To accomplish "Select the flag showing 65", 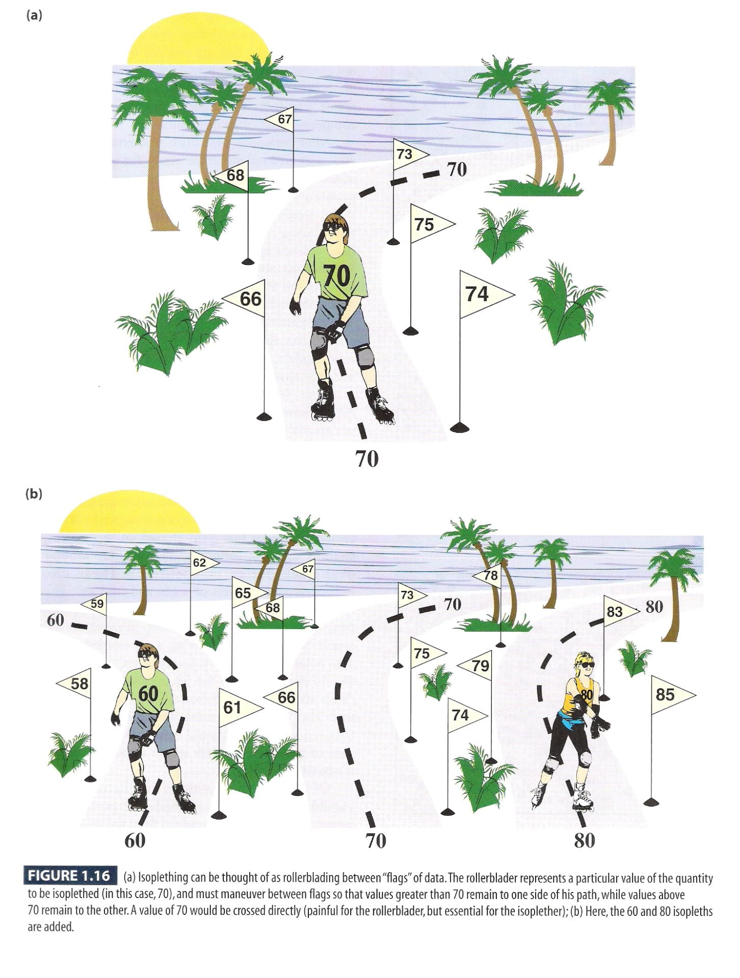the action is [247, 593].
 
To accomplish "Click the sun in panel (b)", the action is [129, 513].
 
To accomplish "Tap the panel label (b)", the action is [34, 494].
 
